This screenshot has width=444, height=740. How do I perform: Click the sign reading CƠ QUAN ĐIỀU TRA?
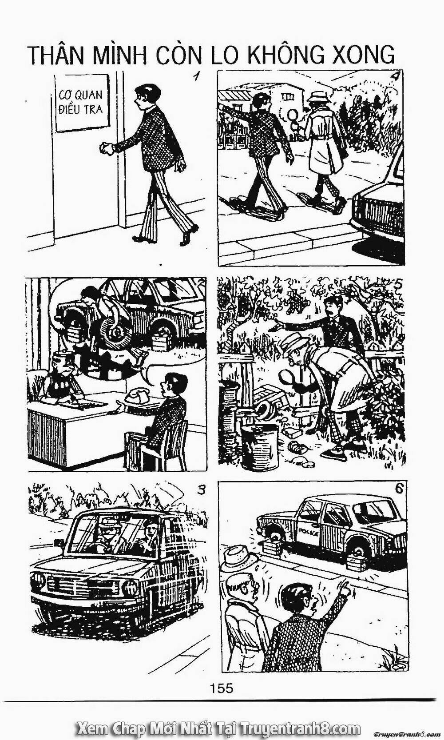coord(82,103)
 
